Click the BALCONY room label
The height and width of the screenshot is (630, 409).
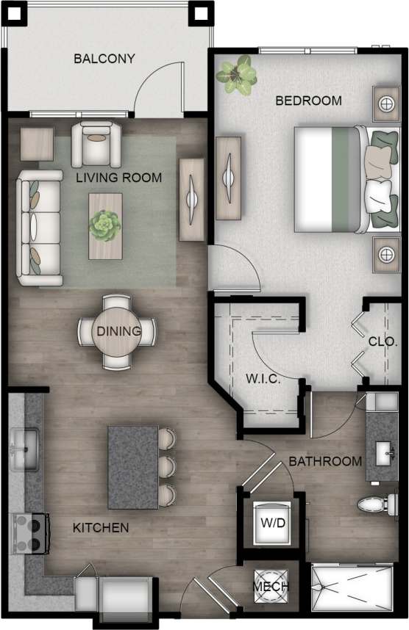[x=104, y=59]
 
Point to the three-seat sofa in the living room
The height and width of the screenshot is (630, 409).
[x=39, y=228]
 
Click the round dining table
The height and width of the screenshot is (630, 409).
[x=118, y=331]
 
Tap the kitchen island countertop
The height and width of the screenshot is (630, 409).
[x=132, y=467]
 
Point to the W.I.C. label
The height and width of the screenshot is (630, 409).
[x=260, y=380]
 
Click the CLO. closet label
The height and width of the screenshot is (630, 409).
[x=383, y=342]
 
